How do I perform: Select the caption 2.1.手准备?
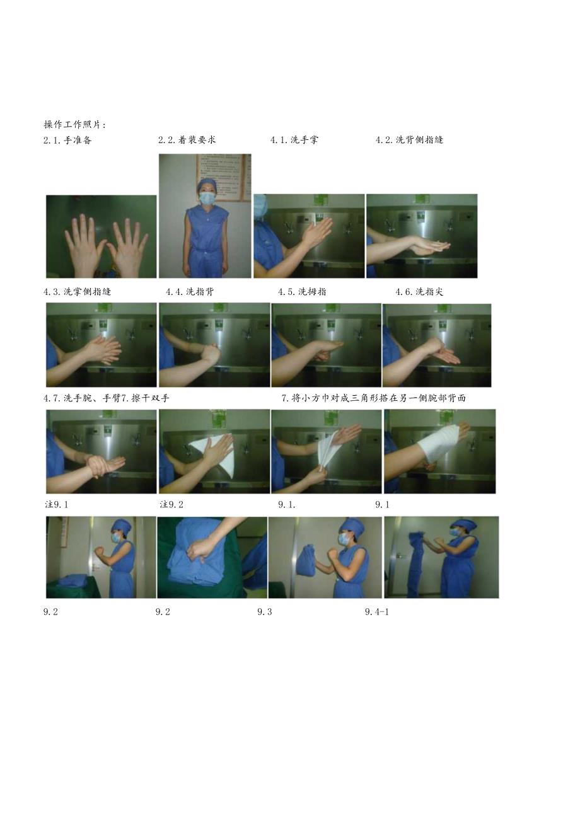pos(67,140)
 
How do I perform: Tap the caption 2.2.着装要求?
pos(187,140)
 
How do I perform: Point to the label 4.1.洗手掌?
pos(294,140)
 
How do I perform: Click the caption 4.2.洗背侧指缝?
pos(409,140)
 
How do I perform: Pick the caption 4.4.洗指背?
pos(190,292)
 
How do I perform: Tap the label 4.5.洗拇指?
pos(302,292)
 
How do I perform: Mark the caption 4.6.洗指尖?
pos(419,292)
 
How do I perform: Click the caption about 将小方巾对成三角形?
pos(374,398)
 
